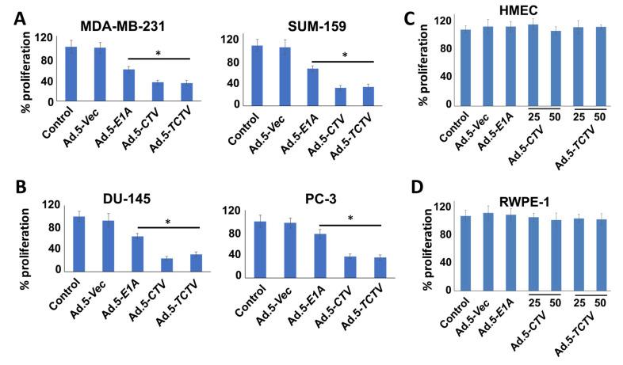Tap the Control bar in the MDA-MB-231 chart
71,74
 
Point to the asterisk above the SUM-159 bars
344,56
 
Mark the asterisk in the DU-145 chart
167,223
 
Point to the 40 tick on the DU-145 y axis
54,249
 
